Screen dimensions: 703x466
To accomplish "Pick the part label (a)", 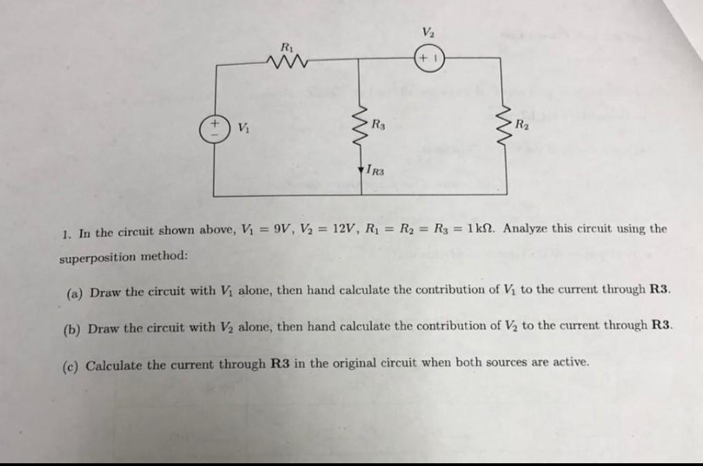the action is click(x=75, y=292).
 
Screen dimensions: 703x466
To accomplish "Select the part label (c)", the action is click(x=75, y=363).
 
